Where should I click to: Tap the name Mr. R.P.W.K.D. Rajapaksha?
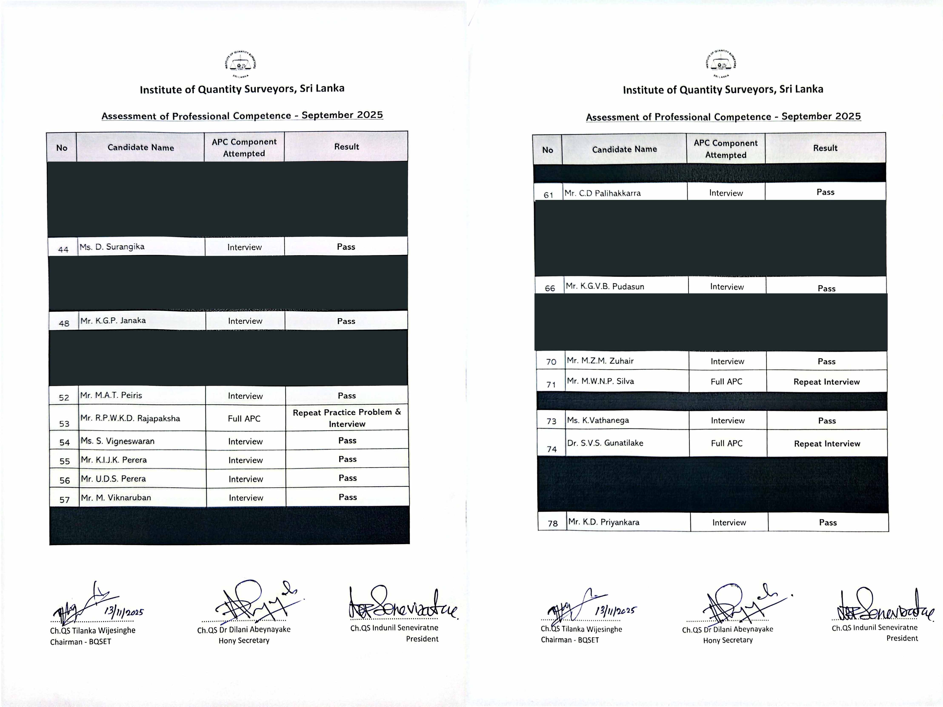pyautogui.click(x=130, y=418)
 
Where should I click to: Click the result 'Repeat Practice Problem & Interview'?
pyautogui.click(x=347, y=418)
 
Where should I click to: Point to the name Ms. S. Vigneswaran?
pyautogui.click(x=118, y=441)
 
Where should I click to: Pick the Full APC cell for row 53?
pyautogui.click(x=244, y=419)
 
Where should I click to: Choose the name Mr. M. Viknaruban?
pyautogui.click(x=116, y=498)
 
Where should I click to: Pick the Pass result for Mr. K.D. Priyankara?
pyautogui.click(x=827, y=522)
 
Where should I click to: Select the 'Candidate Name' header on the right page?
pyautogui.click(x=624, y=149)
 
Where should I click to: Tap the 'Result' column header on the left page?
pyautogui.click(x=346, y=147)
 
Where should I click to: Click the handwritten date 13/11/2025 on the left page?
pyautogui.click(x=124, y=612)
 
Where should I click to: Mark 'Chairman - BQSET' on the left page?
pyautogui.click(x=81, y=642)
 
